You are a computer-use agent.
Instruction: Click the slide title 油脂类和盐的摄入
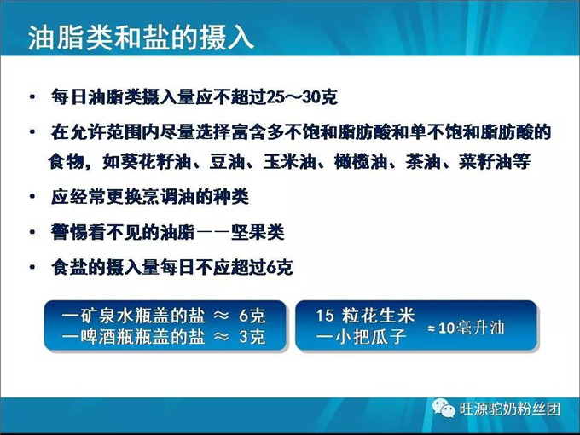(141, 37)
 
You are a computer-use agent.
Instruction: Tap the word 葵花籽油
(148, 160)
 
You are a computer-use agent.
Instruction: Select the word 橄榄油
(357, 160)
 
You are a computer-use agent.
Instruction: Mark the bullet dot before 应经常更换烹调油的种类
(32, 197)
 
